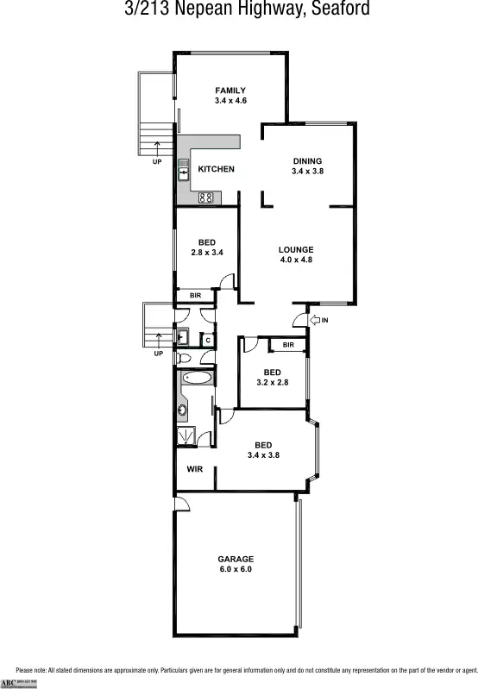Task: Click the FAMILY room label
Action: pos(230,91)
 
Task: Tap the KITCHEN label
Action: pos(216,169)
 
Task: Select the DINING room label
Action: pos(307,161)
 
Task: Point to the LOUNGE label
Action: pos(295,250)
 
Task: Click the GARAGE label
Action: pos(235,559)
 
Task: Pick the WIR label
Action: pos(194,471)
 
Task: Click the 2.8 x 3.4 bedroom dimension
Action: pos(207,253)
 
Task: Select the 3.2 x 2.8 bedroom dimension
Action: pos(272,382)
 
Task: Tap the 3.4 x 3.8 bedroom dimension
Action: pos(263,455)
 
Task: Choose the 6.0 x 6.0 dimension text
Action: pos(235,569)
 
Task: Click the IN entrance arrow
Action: pos(318,321)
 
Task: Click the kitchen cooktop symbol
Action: pos(206,197)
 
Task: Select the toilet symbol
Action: pos(184,358)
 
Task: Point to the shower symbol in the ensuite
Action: pos(184,436)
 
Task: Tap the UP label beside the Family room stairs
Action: pos(157,161)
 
